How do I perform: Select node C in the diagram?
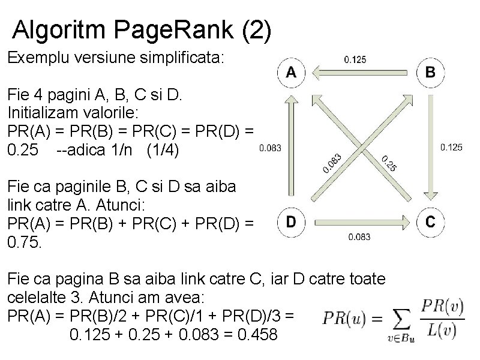(x=430, y=222)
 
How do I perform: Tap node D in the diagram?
(x=290, y=222)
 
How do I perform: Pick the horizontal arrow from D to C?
(x=360, y=222)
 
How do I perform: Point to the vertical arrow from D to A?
(x=290, y=147)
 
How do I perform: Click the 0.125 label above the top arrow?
(x=355, y=59)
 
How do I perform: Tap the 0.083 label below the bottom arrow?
(x=360, y=236)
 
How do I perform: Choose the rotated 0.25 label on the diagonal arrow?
(x=388, y=163)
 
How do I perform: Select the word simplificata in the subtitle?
(x=179, y=58)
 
